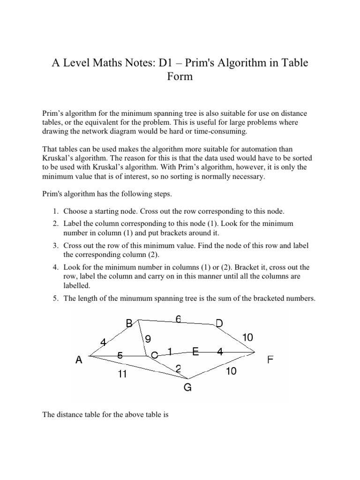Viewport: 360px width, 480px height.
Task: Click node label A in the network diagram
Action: (79, 360)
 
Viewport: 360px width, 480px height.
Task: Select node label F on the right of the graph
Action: (270, 360)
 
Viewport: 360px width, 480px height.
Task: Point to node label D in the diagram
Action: (219, 323)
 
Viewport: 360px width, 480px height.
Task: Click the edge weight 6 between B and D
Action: (178, 319)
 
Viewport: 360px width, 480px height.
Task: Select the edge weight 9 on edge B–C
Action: (148, 338)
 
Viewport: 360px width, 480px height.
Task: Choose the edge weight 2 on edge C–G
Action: (179, 369)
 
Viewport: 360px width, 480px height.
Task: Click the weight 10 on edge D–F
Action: (248, 337)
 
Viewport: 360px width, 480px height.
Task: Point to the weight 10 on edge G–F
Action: (231, 371)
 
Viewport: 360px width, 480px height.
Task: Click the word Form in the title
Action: (180, 76)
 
